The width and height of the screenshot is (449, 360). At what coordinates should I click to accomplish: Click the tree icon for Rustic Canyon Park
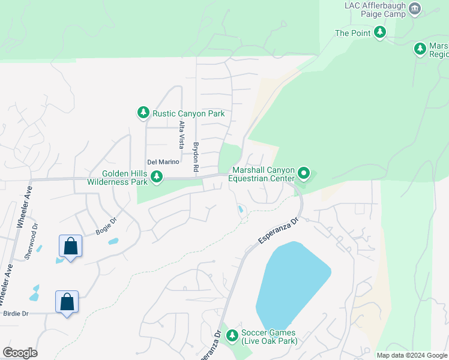coord(143,113)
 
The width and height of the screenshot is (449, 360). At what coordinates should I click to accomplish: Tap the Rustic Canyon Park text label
coord(188,113)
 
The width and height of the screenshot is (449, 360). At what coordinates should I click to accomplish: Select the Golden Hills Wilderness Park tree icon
coord(157,176)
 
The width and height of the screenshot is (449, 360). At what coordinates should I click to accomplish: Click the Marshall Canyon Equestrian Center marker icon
coord(304,174)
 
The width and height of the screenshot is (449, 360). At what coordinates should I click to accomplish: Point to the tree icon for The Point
coord(379,32)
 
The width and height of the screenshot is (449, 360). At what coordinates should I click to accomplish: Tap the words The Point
coord(352,33)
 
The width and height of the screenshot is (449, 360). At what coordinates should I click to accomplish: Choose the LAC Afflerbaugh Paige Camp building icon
coord(415,8)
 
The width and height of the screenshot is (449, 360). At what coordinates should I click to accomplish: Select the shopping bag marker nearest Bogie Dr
coord(70,246)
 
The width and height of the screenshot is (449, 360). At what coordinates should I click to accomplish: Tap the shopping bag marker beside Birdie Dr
coord(67,302)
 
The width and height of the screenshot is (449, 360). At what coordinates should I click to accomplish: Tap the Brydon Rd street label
coord(195,158)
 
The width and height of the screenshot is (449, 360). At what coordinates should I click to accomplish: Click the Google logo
coord(20,353)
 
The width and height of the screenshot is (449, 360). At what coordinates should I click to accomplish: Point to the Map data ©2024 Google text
coord(412,355)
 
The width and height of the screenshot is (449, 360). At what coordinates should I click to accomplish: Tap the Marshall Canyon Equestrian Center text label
coord(263,174)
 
